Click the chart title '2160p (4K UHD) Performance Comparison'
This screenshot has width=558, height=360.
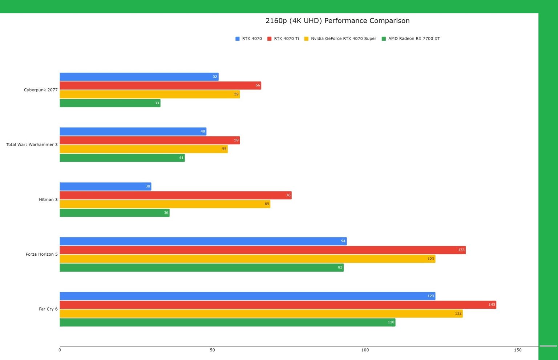coord(337,21)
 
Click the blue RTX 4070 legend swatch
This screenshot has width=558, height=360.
coord(238,39)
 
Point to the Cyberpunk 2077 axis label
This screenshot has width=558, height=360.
coord(41,90)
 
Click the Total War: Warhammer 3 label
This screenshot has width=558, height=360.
coord(32,145)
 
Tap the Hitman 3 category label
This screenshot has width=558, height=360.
coord(48,199)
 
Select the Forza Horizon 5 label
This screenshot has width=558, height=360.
coord(41,254)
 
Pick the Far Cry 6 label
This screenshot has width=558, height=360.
coord(48,309)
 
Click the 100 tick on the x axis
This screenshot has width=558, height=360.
coord(365,350)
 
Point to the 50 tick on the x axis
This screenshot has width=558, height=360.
coord(212,350)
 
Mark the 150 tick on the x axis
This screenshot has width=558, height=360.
coord(517,350)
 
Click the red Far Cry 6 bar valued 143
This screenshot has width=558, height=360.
coord(278,305)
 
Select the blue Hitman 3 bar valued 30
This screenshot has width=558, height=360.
coord(105,186)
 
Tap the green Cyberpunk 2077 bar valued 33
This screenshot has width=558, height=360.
coord(110,103)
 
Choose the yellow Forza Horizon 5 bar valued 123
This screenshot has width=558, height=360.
coord(247,259)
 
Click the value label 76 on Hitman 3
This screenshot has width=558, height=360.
coord(288,195)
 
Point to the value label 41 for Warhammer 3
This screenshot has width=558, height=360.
coord(181,158)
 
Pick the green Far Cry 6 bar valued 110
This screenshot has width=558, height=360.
coord(227,322)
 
